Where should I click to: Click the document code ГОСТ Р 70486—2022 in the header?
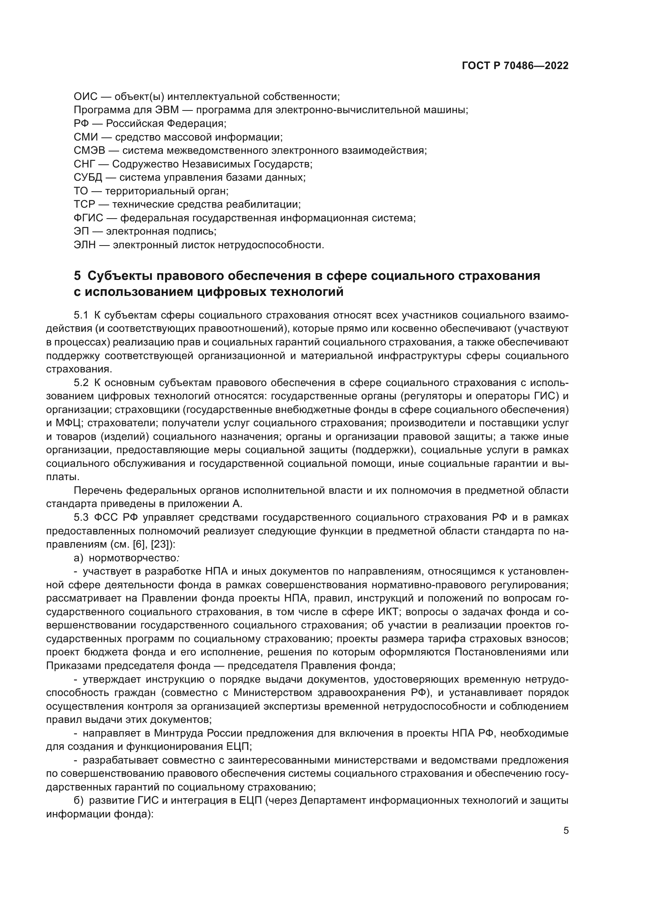point(515,66)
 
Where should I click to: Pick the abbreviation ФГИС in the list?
point(88,218)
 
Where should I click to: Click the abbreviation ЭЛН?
point(85,245)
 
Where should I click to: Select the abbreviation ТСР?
point(84,205)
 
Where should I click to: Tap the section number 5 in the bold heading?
point(77,276)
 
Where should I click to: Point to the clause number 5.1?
point(81,316)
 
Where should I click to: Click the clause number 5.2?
point(81,383)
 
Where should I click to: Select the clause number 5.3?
point(81,517)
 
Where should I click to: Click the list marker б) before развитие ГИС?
point(79,800)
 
